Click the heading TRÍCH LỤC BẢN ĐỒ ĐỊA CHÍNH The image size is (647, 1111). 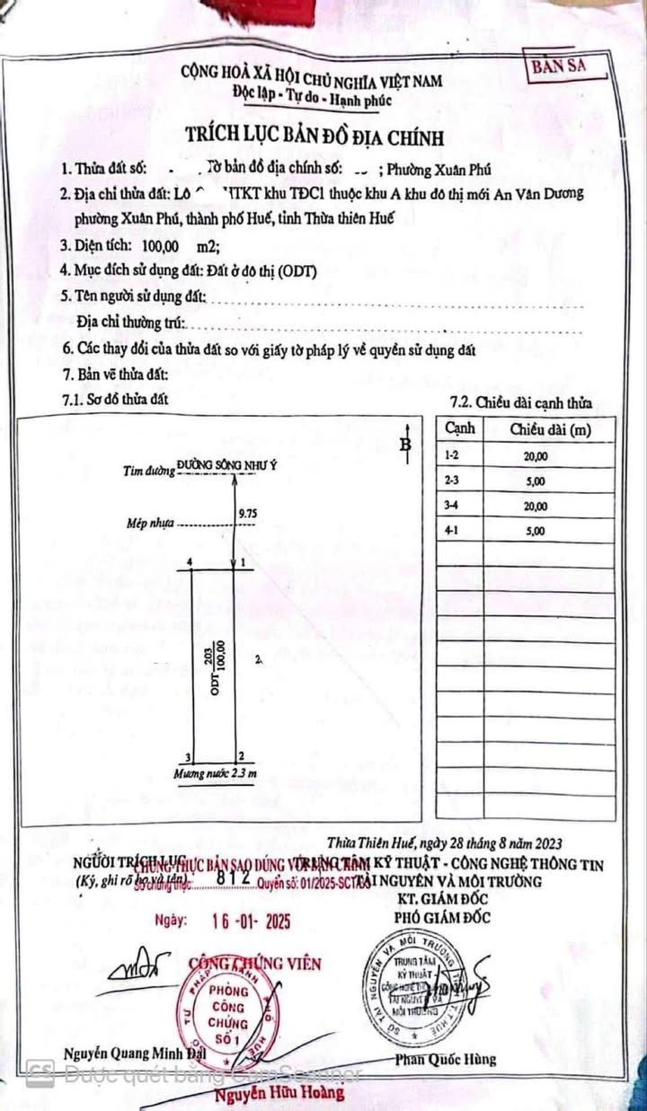(x=315, y=137)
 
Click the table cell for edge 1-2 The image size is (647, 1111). (x=452, y=456)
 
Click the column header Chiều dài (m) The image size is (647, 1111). (x=550, y=430)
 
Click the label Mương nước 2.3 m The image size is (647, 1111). (x=216, y=773)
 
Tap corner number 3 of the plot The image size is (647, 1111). (x=188, y=757)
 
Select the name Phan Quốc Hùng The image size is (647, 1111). (x=445, y=1059)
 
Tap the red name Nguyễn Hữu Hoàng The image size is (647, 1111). (x=279, y=1093)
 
